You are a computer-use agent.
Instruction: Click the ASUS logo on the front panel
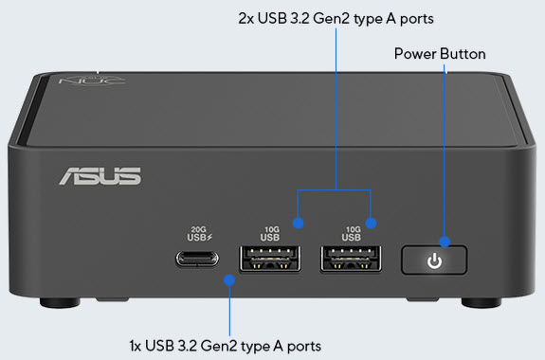(100, 176)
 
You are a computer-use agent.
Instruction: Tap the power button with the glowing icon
(435, 260)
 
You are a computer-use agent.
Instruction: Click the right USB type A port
(353, 259)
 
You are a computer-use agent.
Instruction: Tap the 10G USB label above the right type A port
(353, 232)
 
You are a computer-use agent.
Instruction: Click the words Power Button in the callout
(440, 54)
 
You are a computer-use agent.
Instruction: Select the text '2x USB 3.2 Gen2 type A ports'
(336, 16)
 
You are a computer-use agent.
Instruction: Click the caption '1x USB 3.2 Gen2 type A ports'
(226, 343)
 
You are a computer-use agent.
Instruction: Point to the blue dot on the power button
(444, 242)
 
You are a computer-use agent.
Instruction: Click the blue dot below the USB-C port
(229, 279)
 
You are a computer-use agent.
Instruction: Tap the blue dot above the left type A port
(300, 224)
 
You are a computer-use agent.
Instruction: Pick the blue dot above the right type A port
(372, 224)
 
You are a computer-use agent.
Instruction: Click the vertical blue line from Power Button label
(444, 152)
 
